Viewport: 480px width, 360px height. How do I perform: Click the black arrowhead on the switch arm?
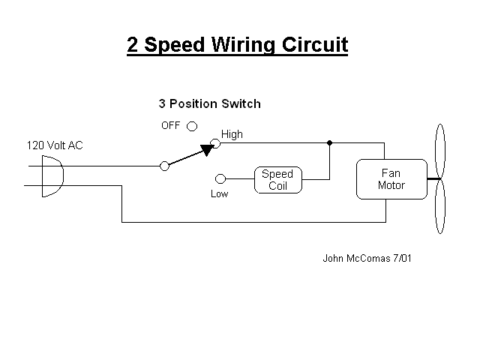pyautogui.click(x=207, y=150)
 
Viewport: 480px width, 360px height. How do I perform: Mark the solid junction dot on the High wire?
pyautogui.click(x=329, y=143)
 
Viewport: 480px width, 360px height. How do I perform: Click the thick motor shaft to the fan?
pyautogui.click(x=434, y=178)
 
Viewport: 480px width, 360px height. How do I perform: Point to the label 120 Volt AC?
pyautogui.click(x=55, y=145)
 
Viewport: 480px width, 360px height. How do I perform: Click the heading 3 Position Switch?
pyautogui.click(x=210, y=103)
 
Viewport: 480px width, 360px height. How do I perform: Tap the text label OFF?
pyautogui.click(x=171, y=125)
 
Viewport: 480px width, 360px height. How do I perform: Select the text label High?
pyautogui.click(x=232, y=134)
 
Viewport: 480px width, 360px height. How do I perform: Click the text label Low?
pyautogui.click(x=220, y=193)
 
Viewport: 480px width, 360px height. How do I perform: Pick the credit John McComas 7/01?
pyautogui.click(x=367, y=258)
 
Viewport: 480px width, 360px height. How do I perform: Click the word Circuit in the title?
pyautogui.click(x=315, y=45)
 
